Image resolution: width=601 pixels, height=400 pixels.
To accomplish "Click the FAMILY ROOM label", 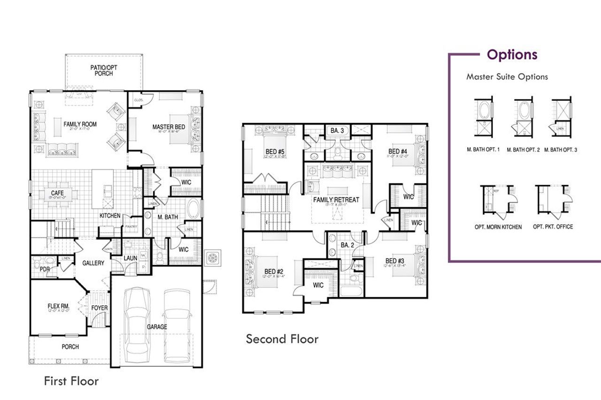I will tap(80, 124).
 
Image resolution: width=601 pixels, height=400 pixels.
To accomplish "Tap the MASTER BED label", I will tap(169, 127).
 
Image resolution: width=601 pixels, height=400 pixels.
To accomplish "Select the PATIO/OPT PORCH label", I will tap(104, 70).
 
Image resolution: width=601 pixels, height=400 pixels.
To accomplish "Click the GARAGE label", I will tap(156, 327).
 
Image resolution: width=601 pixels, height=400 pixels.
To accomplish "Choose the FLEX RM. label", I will tap(58, 306).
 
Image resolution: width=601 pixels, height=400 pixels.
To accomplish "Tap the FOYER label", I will tap(100, 308).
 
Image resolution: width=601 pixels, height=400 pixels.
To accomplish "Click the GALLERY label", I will tap(93, 263).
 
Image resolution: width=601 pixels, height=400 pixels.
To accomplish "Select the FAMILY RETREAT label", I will tap(336, 200).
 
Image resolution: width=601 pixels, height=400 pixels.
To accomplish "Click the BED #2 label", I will tap(273, 272).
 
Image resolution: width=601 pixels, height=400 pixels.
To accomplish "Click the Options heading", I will tap(512, 54).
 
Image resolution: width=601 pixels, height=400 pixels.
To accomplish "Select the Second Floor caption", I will tap(282, 339).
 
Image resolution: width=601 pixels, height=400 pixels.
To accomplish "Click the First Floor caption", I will tap(71, 380).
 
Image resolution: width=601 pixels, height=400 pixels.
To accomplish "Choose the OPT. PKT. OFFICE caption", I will tap(553, 226).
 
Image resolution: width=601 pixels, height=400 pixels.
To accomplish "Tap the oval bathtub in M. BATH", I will tap(193, 209).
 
